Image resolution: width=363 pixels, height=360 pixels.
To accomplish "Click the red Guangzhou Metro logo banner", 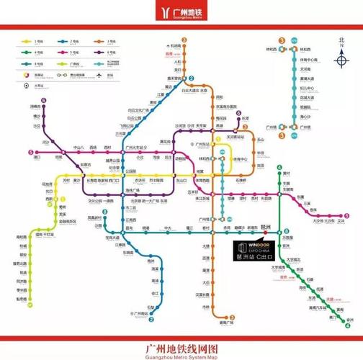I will (181, 12).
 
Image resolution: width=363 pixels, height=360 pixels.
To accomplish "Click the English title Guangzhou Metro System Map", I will (181, 354).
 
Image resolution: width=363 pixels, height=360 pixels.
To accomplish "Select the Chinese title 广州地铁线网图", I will (181, 346).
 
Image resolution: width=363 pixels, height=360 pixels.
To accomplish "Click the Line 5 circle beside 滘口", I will (30, 152).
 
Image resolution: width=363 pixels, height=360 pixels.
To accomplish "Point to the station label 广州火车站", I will (135, 148).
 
